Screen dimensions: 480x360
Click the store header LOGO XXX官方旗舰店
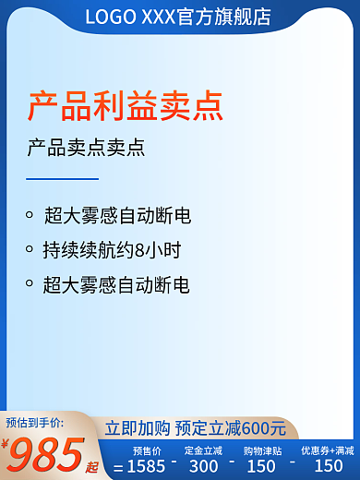pos(178,17)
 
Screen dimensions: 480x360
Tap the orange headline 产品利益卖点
pos(125,106)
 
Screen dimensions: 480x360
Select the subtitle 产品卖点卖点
pos(86,149)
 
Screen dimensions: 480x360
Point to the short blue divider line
pos(62,178)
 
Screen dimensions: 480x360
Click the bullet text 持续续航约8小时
pos(112,250)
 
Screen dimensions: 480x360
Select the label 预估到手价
pos(34,422)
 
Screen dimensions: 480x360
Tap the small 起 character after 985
pos(92,466)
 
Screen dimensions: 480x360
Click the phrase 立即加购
pos(137,428)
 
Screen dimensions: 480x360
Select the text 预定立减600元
pos(231,428)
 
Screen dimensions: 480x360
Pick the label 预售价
pos(147,450)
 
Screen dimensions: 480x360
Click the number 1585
pos(146,466)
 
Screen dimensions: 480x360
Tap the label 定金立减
pos(203,450)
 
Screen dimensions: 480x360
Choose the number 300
pos(203,466)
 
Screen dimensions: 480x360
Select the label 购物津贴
pos(262,450)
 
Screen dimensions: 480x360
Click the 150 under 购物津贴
pos(261,466)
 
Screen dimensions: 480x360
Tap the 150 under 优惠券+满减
pos(329,466)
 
